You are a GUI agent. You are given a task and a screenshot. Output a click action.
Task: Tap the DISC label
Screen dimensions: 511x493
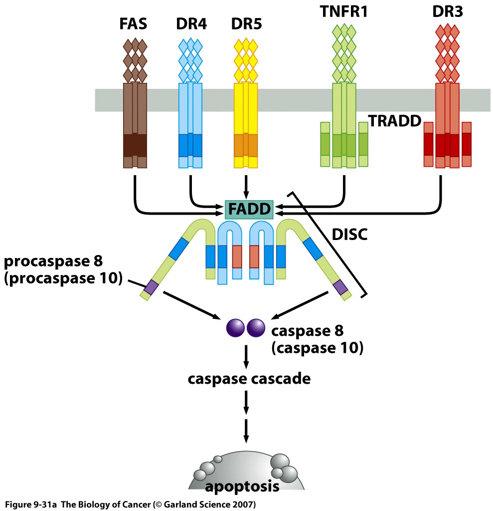tap(349, 235)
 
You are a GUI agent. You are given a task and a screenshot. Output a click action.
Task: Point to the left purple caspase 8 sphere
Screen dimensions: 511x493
tap(236, 328)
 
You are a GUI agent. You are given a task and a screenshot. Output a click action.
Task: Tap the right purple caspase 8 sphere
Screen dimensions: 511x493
tap(256, 328)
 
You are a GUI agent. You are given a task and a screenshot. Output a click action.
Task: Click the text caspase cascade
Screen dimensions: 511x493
tap(249, 379)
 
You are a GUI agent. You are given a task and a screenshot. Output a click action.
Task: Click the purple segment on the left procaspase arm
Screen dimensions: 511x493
tap(151, 286)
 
